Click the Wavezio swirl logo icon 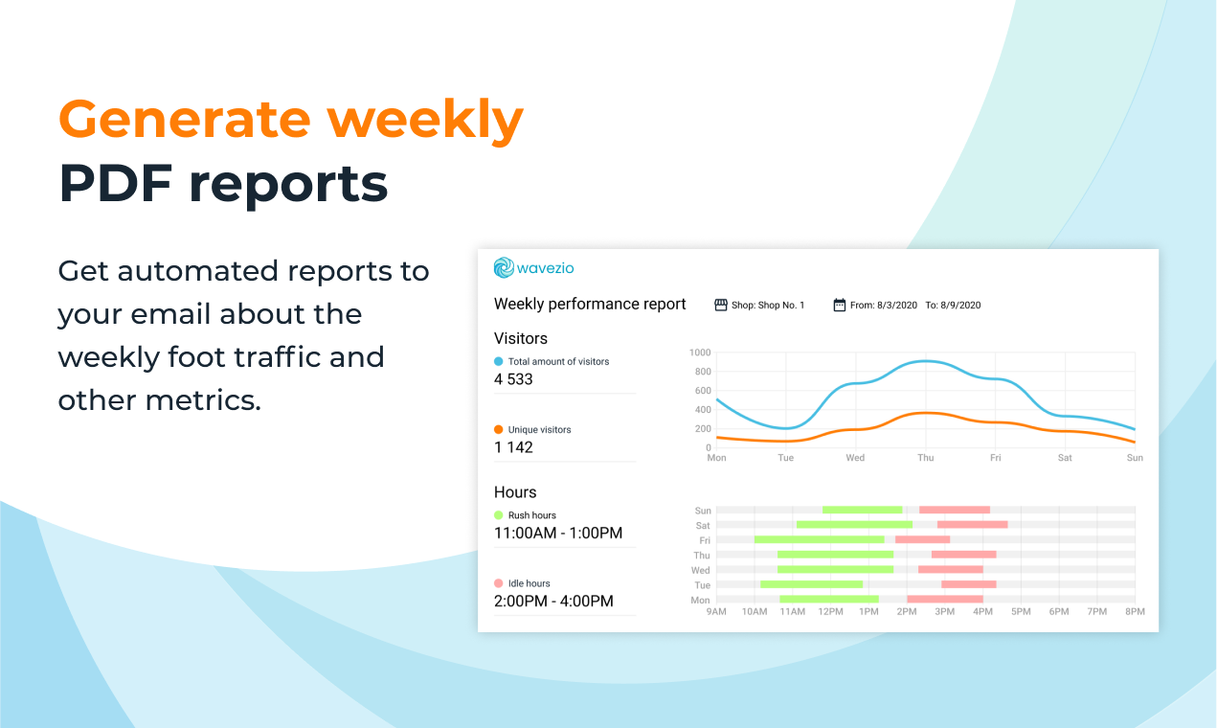coord(504,268)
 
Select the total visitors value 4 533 coord(513,379)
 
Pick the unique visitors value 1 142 coord(513,447)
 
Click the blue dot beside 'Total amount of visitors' coord(498,362)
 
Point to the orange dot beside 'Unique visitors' coord(498,430)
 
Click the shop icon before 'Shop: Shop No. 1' coord(721,306)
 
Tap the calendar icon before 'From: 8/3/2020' coord(840,306)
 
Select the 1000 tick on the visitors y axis coord(700,353)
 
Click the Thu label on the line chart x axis coord(925,458)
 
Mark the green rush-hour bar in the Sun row coord(862,510)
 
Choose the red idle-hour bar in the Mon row coord(945,600)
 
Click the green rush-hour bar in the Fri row coord(819,539)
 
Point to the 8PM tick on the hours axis coord(1135,612)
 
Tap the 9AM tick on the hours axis coord(716,612)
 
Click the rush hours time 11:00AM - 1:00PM coord(557,534)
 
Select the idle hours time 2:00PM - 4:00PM coord(553,602)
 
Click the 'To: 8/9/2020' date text coord(953,306)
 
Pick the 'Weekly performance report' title coord(590,305)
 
